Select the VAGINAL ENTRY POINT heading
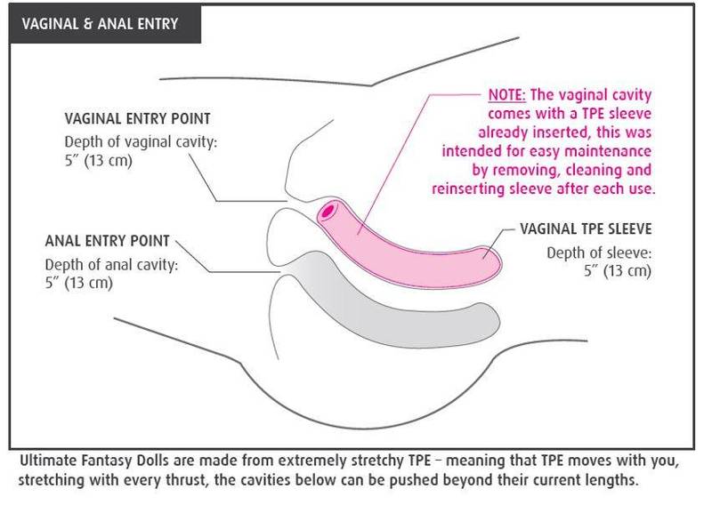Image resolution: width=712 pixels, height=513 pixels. pos(137,119)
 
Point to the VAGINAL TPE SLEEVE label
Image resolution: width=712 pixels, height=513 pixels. pos(586,230)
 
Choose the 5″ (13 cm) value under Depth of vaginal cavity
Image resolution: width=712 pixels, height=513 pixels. pos(99,162)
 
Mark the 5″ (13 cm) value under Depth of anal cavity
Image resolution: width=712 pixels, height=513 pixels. pos(79,283)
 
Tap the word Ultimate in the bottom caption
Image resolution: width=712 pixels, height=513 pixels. pos(46,462)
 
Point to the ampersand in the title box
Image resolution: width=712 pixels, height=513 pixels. pos(90,24)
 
